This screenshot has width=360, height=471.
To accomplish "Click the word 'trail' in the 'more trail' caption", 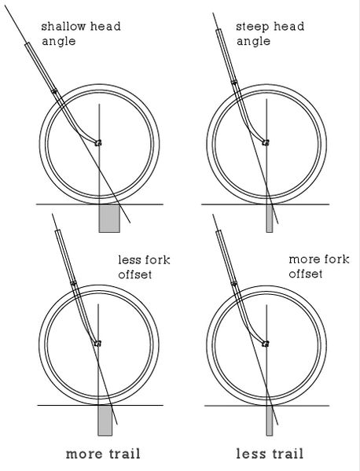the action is coord(123,454).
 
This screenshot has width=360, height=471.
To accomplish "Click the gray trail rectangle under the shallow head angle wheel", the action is coord(109,219).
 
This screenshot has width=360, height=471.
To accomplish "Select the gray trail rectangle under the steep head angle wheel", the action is coord(270,219).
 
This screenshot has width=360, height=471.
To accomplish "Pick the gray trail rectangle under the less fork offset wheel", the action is coord(105,420).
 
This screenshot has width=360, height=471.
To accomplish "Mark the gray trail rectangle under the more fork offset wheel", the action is coord(270,421).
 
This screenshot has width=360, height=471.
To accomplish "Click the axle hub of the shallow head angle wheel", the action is coord(98,142).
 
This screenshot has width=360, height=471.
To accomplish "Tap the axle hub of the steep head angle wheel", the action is coord(266,142).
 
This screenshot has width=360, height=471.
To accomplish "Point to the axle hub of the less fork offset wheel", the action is coord(97,343).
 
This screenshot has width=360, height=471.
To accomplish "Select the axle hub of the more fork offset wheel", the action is coord(266,344).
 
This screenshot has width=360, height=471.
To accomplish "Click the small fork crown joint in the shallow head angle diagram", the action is coord(54,90).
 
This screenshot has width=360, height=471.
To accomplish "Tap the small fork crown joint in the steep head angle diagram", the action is coord(234,82).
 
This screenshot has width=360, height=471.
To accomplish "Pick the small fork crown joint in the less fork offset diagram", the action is coord(73,283).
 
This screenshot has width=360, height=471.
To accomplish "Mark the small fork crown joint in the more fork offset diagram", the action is coord(234,283).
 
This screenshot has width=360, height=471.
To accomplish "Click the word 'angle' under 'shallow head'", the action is coord(58,41).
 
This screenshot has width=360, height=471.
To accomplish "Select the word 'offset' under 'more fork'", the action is coord(305,274).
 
